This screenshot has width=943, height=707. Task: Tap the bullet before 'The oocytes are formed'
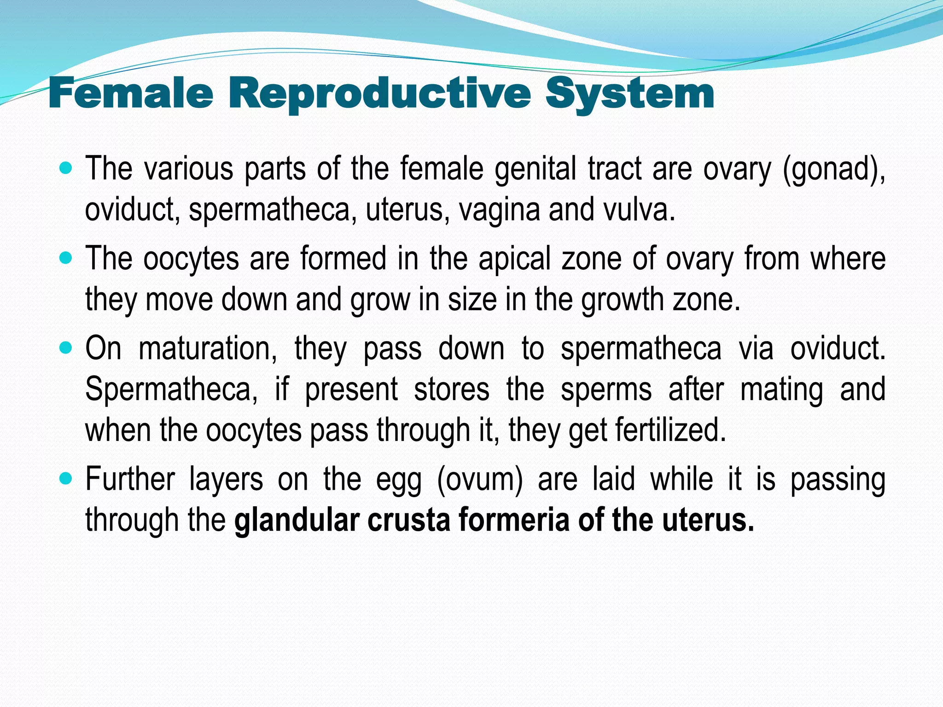[66, 258]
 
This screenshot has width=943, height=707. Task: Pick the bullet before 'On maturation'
[66, 348]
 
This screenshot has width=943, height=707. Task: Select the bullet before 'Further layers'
[66, 479]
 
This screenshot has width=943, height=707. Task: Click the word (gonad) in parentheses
[833, 169]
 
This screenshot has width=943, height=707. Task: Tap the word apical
[514, 259]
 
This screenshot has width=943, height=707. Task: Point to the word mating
[781, 389]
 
